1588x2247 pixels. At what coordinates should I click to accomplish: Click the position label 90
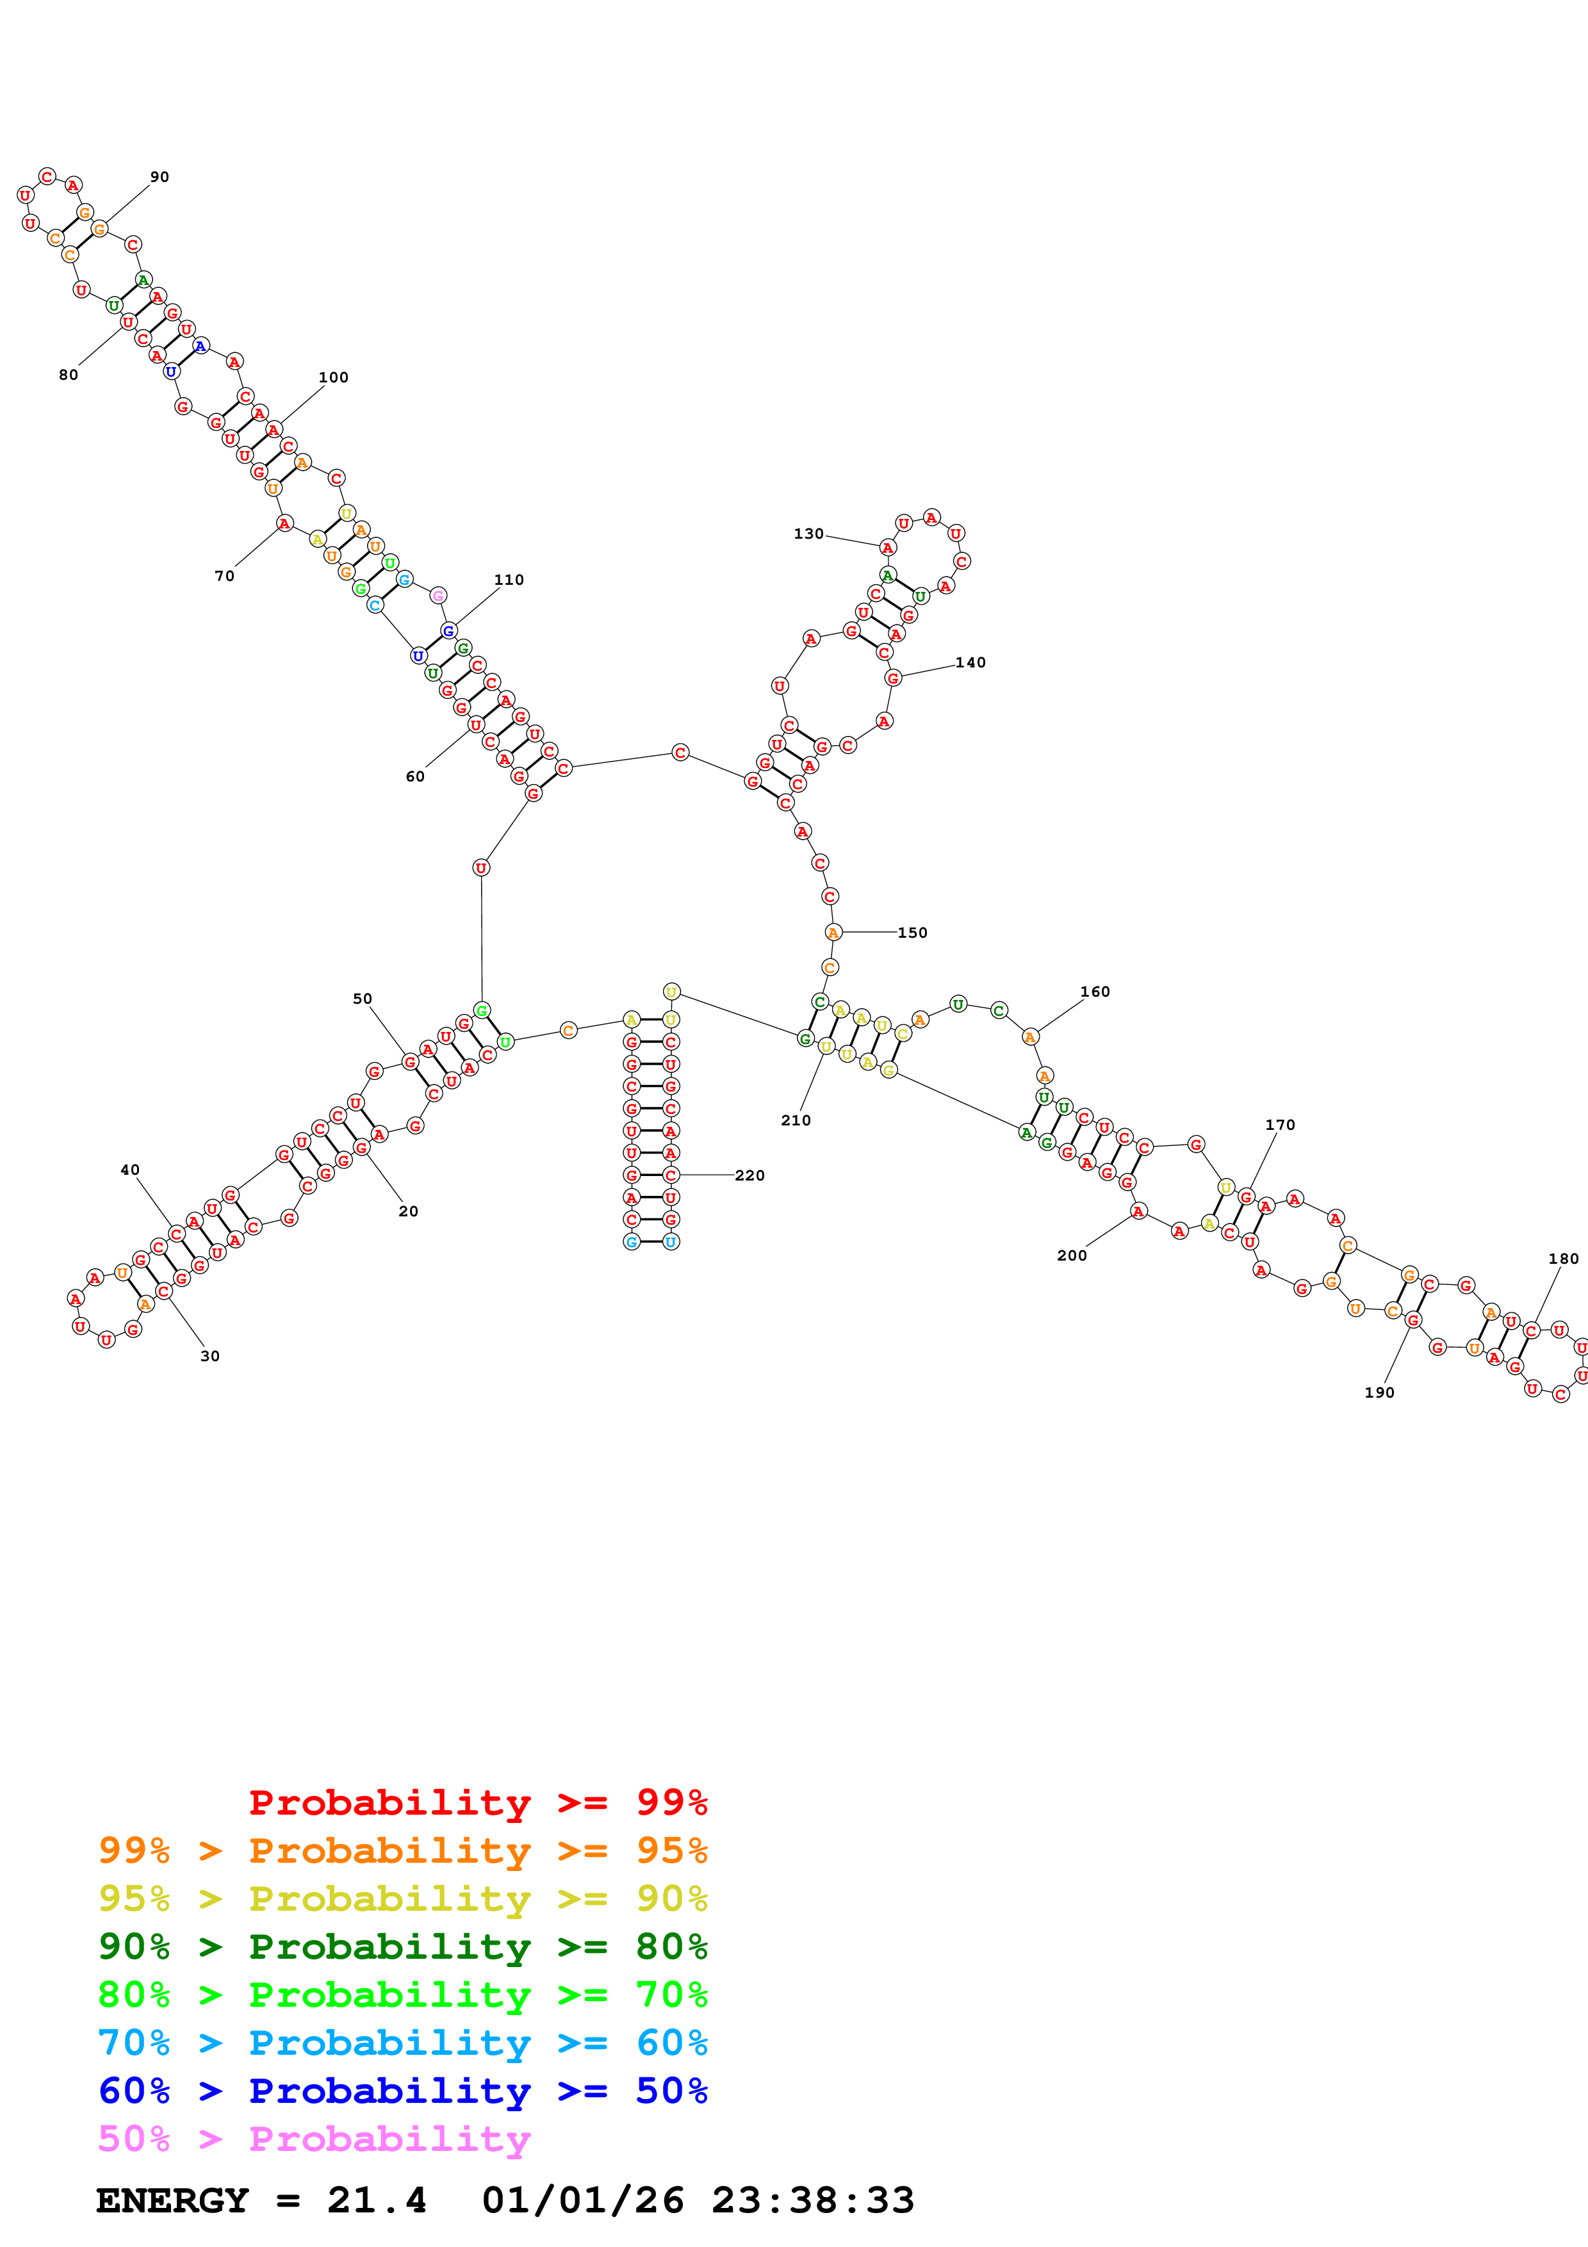tap(160, 177)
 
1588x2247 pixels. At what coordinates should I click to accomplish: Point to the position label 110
tap(509, 580)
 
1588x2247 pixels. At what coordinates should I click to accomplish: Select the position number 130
tap(808, 534)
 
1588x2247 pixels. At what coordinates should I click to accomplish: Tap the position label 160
tap(1095, 992)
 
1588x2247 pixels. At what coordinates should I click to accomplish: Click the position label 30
tap(209, 1357)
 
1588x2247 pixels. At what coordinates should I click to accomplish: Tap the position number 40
tap(130, 1170)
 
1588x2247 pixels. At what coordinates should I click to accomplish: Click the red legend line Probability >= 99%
tap(477, 1802)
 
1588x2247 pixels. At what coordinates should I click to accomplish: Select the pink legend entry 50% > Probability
tap(314, 2139)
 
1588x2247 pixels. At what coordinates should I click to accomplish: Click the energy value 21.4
tap(377, 2201)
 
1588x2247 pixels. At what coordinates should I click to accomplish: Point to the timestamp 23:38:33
tap(812, 2201)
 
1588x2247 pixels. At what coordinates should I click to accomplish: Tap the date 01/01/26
tap(582, 2201)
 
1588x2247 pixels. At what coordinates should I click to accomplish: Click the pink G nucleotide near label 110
tap(438, 595)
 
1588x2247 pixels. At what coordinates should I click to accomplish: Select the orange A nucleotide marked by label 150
tap(833, 933)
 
